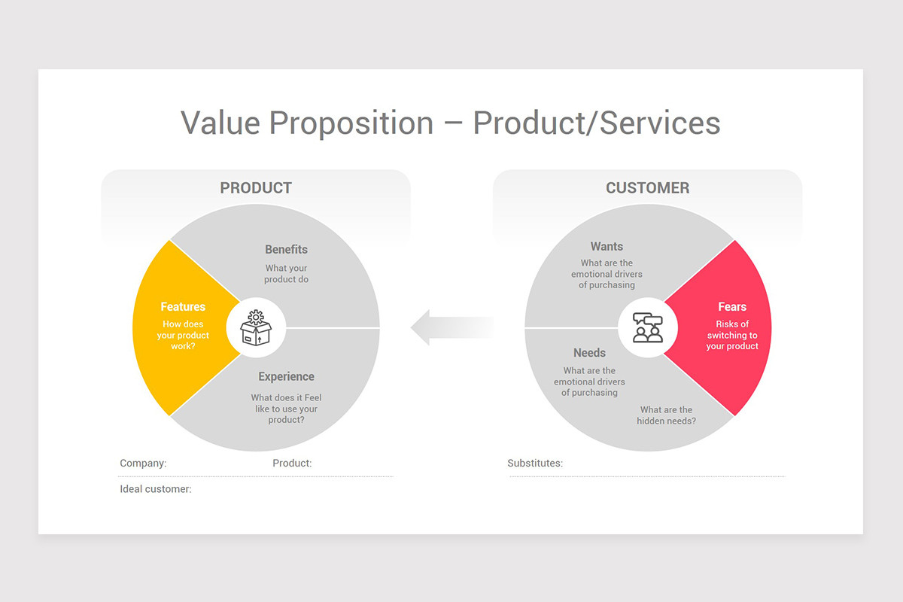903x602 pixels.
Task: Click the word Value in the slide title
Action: click(x=220, y=123)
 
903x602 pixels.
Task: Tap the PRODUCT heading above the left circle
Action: click(x=256, y=188)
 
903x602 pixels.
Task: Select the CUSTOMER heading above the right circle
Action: click(x=647, y=188)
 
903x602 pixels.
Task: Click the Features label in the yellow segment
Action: click(x=183, y=306)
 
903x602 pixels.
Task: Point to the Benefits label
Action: click(x=286, y=249)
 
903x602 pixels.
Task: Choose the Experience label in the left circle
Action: click(x=286, y=376)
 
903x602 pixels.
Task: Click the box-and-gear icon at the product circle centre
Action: click(x=256, y=327)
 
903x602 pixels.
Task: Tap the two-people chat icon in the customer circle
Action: click(x=648, y=327)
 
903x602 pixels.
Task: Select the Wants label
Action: click(x=607, y=246)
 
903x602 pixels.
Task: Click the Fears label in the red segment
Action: click(x=732, y=306)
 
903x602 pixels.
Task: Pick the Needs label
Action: click(x=589, y=353)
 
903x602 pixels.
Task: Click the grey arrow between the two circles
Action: click(x=451, y=327)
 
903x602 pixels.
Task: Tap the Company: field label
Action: click(x=143, y=464)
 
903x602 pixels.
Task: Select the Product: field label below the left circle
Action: click(x=292, y=464)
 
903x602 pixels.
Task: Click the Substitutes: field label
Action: click(x=535, y=464)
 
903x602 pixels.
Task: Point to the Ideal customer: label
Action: click(x=156, y=489)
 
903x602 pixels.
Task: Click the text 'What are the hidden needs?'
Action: click(x=667, y=415)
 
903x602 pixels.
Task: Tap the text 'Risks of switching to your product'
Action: click(x=732, y=335)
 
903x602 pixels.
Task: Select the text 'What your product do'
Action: click(x=286, y=274)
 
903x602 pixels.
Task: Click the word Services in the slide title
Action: click(x=660, y=123)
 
